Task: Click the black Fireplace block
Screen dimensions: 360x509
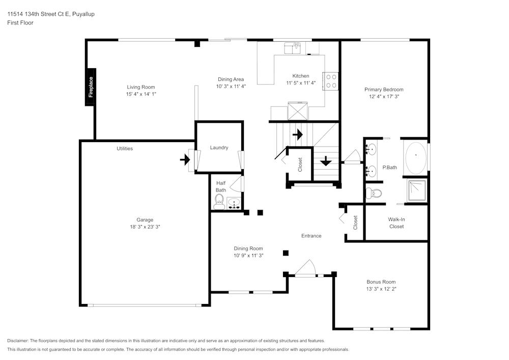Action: click(91, 87)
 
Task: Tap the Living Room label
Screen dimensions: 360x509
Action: click(141, 87)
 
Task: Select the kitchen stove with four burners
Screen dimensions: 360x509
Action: click(331, 80)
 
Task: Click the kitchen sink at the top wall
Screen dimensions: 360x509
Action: click(294, 48)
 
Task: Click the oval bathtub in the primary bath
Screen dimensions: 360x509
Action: click(416, 157)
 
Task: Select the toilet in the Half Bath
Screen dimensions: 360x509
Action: click(219, 200)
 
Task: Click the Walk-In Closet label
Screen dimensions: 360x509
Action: click(397, 223)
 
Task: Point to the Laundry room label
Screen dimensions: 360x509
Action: click(219, 148)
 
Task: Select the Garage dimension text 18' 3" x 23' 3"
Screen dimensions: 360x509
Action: click(145, 227)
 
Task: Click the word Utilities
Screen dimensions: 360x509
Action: click(125, 149)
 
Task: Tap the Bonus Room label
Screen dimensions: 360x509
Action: click(381, 282)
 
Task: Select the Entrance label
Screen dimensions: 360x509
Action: click(311, 236)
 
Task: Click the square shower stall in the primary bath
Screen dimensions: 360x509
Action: click(416, 190)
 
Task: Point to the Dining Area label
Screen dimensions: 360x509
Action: click(231, 79)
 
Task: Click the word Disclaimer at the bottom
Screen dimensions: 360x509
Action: click(18, 341)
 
